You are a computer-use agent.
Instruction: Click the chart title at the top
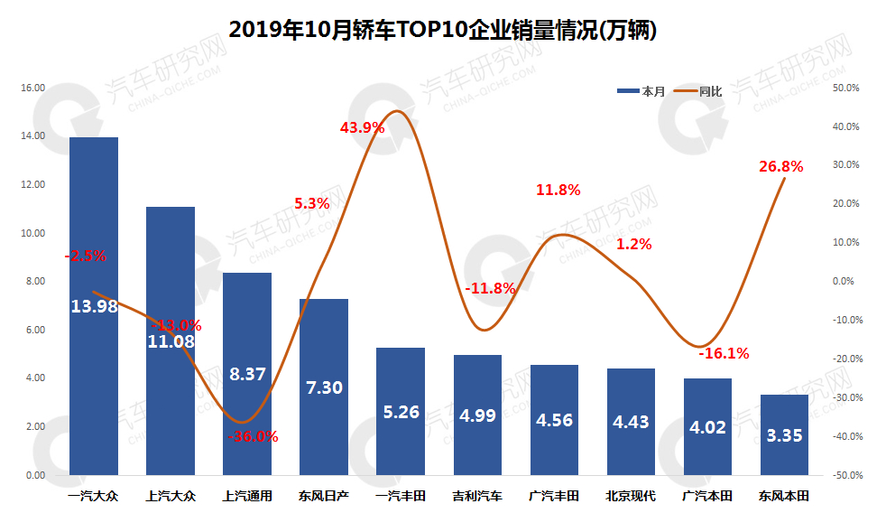point(441,30)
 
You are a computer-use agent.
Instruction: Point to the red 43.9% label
point(362,128)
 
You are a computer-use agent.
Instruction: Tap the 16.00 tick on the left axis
point(33,88)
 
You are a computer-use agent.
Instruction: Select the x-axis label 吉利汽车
point(477,496)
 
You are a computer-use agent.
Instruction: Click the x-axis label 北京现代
point(631,496)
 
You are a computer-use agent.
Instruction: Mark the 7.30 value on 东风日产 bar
point(324,387)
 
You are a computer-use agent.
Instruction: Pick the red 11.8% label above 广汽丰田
point(558,191)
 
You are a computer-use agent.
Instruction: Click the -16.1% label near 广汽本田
point(724,353)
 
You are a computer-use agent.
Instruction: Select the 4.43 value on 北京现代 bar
point(631,422)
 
